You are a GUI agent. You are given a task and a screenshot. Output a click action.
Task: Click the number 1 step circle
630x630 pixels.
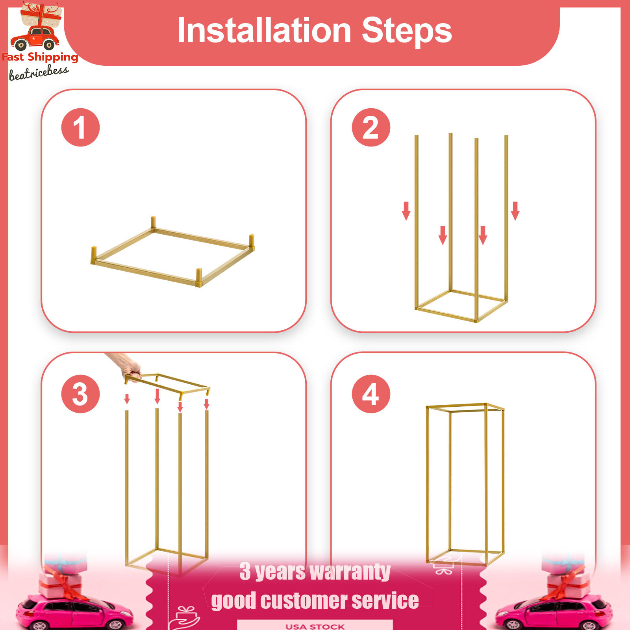pyautogui.click(x=80, y=128)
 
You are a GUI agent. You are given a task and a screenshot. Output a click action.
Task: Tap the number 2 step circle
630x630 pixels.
pyautogui.click(x=371, y=128)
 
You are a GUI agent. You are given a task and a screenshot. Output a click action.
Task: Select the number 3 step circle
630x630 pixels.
pyautogui.click(x=80, y=394)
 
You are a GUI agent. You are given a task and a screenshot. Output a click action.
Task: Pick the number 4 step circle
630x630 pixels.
pyautogui.click(x=371, y=394)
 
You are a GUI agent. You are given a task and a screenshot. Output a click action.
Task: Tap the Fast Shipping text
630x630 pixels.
pyautogui.click(x=40, y=57)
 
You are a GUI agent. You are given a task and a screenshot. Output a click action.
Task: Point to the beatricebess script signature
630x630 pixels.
pyautogui.click(x=39, y=73)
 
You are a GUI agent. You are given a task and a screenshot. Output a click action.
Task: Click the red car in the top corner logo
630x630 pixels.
pyautogui.click(x=35, y=38)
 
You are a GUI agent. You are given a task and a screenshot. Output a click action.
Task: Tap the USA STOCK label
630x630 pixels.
pyautogui.click(x=315, y=626)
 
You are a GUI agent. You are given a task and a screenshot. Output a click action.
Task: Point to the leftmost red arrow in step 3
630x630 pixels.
pyautogui.click(x=127, y=399)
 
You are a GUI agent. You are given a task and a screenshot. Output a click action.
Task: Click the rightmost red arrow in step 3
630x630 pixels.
pyautogui.click(x=206, y=404)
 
